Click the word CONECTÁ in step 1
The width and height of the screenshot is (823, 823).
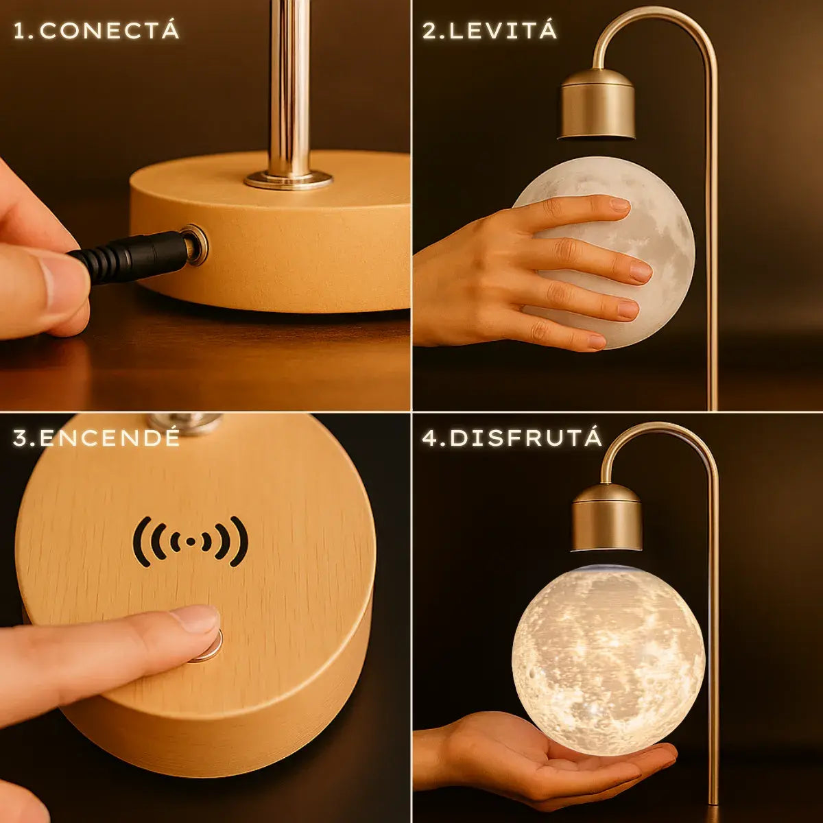(109, 30)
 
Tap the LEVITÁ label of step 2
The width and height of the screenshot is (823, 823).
(503, 30)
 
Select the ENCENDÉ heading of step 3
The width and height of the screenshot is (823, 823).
(109, 438)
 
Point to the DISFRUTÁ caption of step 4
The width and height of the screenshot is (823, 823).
(526, 438)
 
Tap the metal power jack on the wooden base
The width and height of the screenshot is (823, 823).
(196, 245)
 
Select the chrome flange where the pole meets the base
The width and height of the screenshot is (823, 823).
(288, 180)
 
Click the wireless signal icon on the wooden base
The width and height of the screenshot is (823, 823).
(191, 542)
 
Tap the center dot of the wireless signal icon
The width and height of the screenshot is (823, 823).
(191, 542)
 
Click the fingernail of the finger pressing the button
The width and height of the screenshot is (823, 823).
(195, 619)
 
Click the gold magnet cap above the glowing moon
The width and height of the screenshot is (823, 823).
(607, 518)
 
